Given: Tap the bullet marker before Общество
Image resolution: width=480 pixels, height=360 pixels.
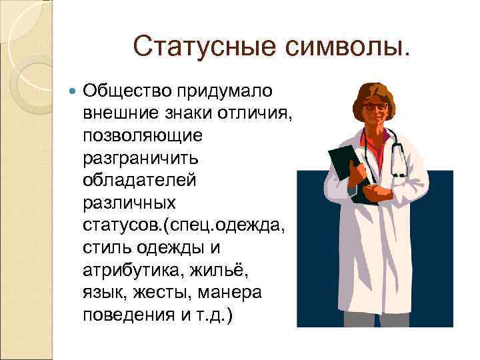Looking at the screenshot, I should click(x=73, y=90).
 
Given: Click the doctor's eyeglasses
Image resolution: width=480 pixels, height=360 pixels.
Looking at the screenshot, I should click(x=376, y=107).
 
